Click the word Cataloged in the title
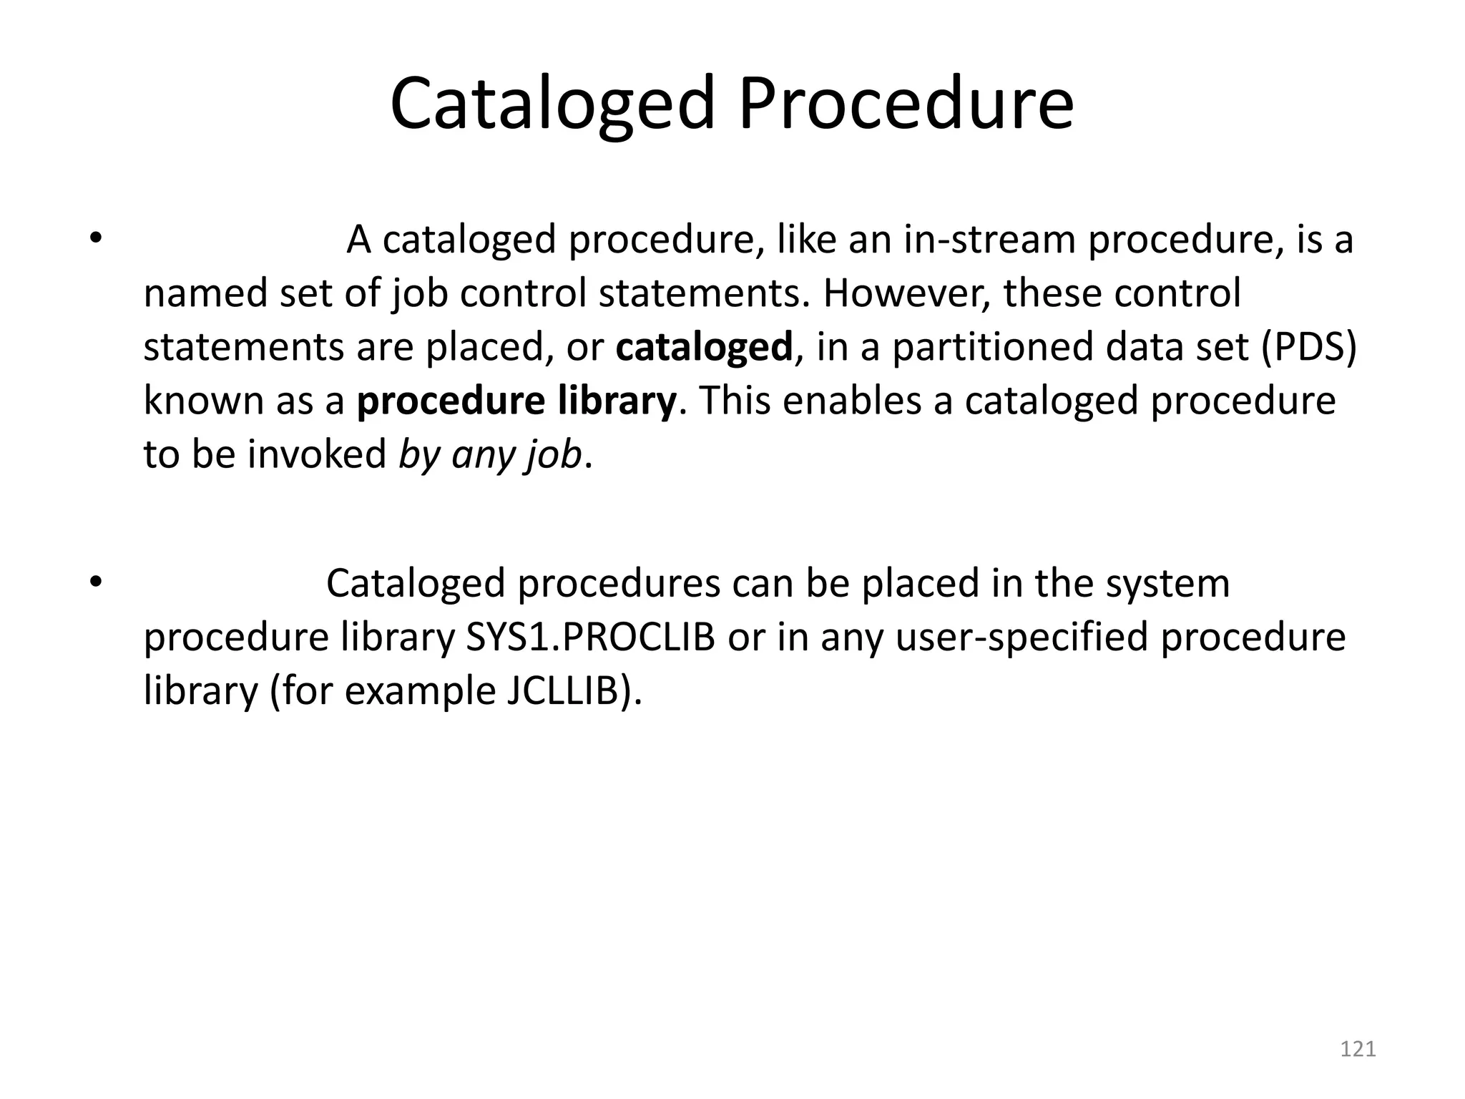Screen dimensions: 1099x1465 552,106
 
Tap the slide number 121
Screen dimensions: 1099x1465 1358,1049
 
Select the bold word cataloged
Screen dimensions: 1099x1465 704,347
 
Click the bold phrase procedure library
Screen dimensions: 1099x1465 516,401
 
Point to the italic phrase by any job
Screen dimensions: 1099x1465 490,455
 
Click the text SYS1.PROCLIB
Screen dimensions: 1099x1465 590,638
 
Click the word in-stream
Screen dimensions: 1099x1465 989,240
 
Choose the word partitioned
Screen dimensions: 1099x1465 992,347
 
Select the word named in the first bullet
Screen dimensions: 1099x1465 205,293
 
